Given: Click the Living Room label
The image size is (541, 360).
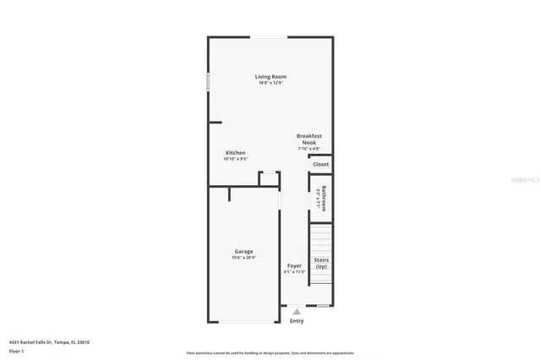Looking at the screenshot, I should coord(270,77).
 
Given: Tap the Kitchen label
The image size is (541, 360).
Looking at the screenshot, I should coord(235,153).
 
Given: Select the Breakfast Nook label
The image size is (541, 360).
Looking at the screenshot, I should coord(309,139).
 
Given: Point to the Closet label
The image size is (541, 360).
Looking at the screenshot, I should coord(321,164).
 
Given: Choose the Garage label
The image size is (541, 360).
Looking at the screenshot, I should coord(243,251).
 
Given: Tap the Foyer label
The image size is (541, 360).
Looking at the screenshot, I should coord(294,265).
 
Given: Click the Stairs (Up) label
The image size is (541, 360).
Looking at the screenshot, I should coord(321,263).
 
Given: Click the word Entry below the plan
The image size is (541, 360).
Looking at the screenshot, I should coord(297,321).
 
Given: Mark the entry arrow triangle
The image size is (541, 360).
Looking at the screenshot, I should coord(296,312).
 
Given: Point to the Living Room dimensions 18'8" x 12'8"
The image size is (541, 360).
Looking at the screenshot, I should coord(270,83).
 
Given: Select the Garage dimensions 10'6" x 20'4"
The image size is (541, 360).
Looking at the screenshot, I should coord(243,258).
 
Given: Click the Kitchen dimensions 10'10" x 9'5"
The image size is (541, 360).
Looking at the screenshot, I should coord(235,159).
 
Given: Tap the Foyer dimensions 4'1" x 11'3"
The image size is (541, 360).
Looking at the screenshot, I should coord(294,272).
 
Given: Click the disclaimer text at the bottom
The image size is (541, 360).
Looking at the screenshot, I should coord(270,352).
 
